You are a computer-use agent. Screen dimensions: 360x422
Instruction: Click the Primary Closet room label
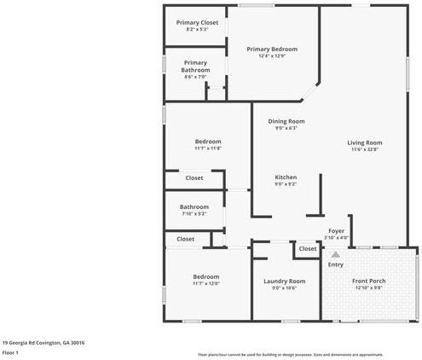pos(196,22)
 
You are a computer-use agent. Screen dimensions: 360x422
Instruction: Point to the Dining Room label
pos(286,121)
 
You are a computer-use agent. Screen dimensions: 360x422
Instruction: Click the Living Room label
pos(364,142)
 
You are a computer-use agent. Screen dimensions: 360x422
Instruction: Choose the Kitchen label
pos(286,177)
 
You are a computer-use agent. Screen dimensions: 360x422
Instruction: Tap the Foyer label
pos(336,230)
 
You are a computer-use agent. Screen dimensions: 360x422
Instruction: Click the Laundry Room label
pos(285,281)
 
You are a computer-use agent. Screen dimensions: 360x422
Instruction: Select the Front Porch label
pos(369,281)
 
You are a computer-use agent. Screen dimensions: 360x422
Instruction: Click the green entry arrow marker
pos(336,254)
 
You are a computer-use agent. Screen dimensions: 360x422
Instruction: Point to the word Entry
pos(336,264)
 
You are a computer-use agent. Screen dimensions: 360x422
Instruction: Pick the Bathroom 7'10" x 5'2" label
pos(194,206)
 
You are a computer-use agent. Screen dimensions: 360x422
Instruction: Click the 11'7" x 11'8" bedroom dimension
pos(207,148)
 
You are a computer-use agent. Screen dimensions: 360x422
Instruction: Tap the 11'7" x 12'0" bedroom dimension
pos(205,284)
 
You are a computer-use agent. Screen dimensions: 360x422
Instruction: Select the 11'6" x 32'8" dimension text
pos(364,149)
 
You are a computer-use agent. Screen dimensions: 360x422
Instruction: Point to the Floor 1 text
pos(10,351)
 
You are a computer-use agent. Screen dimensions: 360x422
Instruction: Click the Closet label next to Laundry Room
pos(307,248)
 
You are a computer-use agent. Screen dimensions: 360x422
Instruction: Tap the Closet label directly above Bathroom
pos(194,177)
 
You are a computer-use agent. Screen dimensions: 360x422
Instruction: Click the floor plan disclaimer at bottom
pos(290,354)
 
